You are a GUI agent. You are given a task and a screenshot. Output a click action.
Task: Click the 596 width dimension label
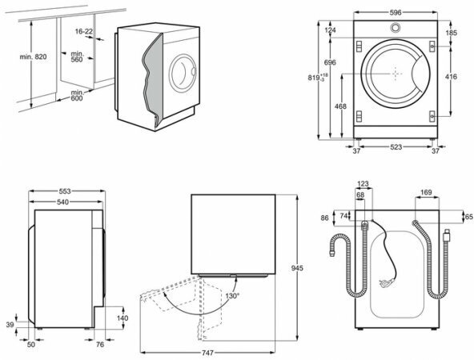[x=395, y=12]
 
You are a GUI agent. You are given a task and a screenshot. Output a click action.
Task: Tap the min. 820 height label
[x=34, y=57]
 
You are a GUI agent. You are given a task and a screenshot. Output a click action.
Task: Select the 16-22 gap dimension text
[x=84, y=31]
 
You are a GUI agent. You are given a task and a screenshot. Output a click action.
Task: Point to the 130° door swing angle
[x=232, y=296]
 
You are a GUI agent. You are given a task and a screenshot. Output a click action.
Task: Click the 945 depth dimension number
[x=297, y=268]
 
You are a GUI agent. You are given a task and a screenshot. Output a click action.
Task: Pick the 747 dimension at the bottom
[x=207, y=353]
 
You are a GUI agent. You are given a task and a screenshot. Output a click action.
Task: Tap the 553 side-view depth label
[x=65, y=191]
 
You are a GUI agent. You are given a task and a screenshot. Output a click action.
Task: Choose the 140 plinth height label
[x=123, y=318]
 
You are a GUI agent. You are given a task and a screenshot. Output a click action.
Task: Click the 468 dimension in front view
[x=340, y=106]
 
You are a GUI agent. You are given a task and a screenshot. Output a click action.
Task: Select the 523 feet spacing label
[x=396, y=146]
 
